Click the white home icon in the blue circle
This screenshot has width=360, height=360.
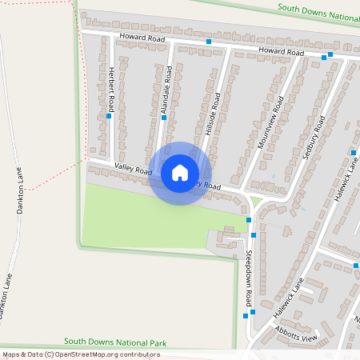(180, 173)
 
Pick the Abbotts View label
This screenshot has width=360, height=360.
(295, 338)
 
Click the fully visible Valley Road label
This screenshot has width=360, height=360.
(133, 170)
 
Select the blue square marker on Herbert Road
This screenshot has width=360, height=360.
(109, 115)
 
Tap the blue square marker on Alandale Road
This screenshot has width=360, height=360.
(164, 118)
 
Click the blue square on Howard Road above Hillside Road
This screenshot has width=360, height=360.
(209, 42)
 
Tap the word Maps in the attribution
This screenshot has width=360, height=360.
(11, 354)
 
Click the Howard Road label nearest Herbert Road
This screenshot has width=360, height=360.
(142, 38)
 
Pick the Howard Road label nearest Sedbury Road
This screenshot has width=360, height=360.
(281, 51)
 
